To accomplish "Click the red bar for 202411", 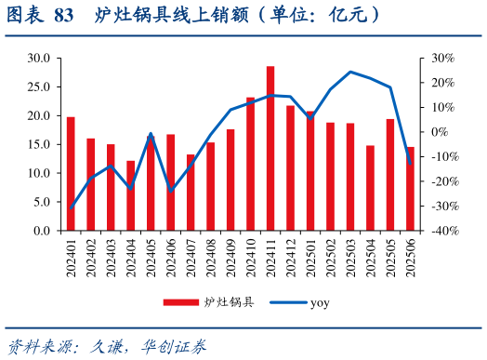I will point(270,148).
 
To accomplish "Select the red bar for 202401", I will point(71,173).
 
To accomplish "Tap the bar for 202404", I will point(131,195).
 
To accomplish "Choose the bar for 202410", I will point(251,164).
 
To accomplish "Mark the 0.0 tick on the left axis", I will point(42,231).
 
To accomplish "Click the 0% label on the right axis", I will point(445,132).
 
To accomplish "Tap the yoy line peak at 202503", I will point(350,72).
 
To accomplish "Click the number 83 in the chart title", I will point(64,16).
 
